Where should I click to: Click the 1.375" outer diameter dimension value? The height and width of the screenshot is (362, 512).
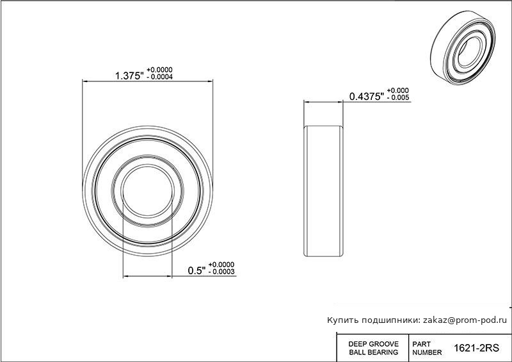129,76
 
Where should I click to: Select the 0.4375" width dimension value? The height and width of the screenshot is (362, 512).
366,97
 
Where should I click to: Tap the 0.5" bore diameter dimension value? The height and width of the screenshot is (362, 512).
196,271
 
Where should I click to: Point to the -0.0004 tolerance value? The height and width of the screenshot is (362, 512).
159,77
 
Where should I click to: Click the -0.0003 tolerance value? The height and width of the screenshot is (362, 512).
221,272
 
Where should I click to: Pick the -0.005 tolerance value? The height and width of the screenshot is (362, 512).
398,97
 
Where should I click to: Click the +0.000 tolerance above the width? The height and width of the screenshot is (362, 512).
398,90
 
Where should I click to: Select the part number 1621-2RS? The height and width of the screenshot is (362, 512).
476,349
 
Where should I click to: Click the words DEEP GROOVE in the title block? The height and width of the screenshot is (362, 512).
374,344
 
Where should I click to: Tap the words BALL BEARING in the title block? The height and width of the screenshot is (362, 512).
374,352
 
